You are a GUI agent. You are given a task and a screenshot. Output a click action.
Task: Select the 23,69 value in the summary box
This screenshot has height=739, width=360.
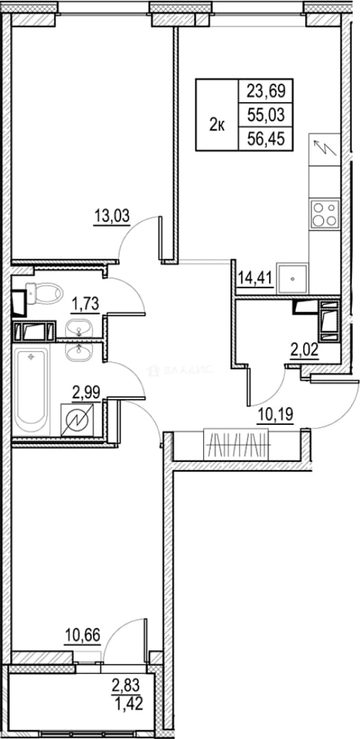(266, 90)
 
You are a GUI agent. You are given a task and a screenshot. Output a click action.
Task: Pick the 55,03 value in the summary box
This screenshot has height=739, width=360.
(266, 114)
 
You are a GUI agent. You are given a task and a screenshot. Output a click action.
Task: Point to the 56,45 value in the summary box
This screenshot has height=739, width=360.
(266, 139)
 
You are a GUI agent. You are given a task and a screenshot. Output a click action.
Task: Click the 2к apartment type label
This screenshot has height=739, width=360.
(217, 125)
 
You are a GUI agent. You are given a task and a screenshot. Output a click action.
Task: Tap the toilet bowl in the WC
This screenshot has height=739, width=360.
(44, 293)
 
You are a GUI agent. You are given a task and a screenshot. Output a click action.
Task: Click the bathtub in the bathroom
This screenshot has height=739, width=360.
(31, 391)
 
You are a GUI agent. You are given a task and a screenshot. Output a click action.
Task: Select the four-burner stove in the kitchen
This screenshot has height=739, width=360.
(324, 214)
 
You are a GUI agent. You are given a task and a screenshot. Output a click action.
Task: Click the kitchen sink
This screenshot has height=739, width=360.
(292, 279)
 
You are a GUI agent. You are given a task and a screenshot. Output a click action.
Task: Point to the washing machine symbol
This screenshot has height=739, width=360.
(77, 419)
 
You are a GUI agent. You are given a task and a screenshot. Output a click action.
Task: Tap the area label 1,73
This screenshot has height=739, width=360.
(85, 304)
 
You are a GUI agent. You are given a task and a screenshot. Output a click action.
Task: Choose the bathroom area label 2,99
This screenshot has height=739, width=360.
(86, 393)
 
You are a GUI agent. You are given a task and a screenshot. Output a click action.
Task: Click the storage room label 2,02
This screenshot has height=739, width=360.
(305, 350)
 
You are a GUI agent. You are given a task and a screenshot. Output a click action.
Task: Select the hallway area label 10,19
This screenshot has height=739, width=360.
(276, 415)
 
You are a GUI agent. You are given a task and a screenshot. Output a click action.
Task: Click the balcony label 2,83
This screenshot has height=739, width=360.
(127, 684)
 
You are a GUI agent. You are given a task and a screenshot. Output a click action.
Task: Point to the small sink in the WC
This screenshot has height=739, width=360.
(79, 326)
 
